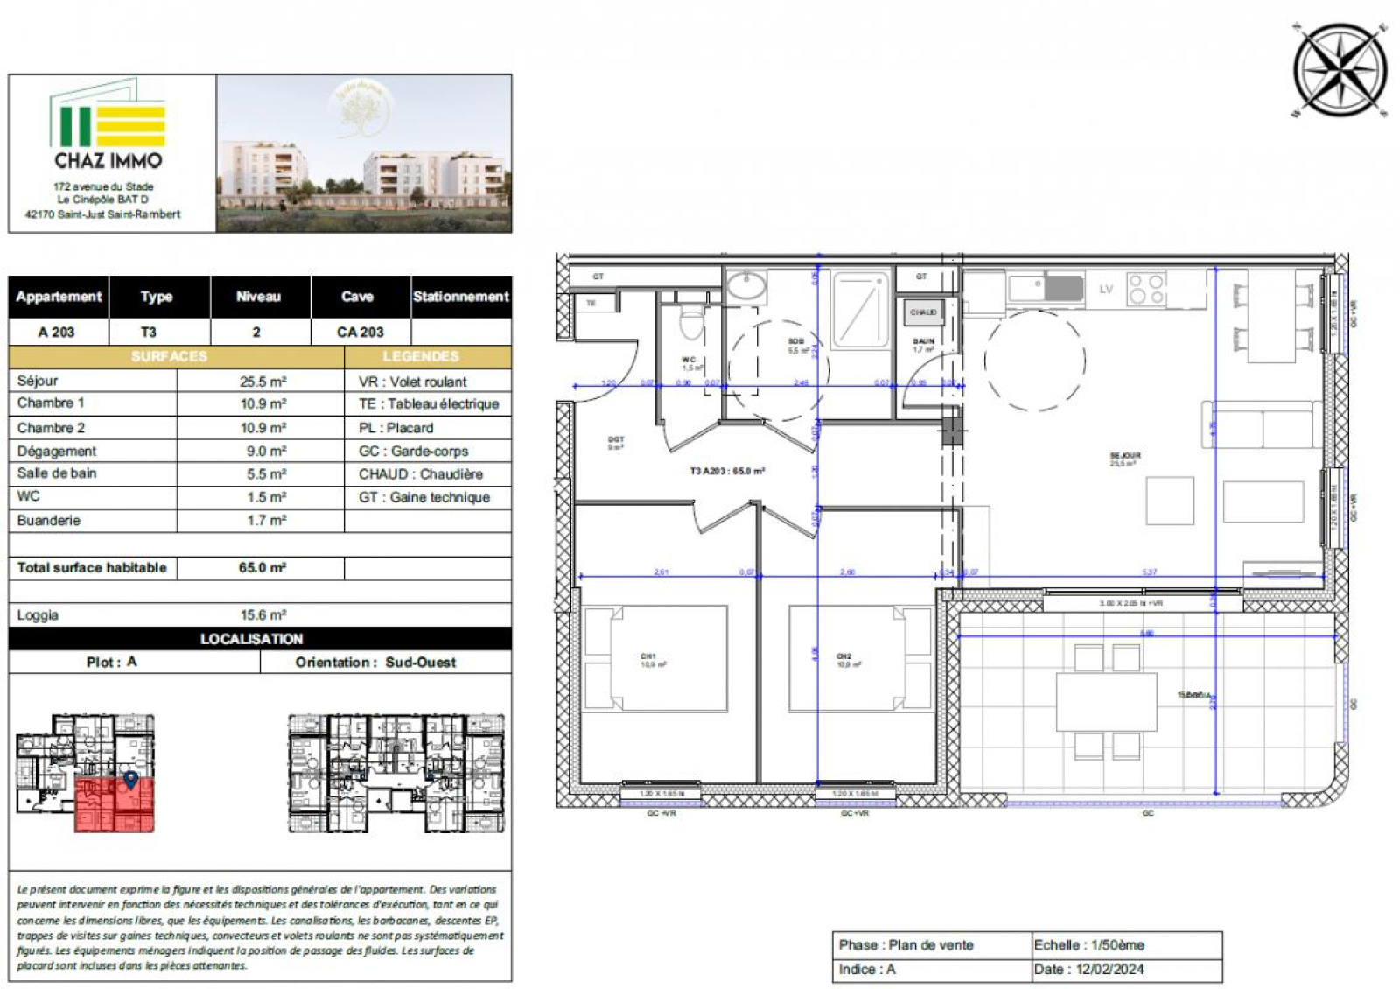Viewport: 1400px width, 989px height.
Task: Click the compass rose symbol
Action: tap(1340, 70)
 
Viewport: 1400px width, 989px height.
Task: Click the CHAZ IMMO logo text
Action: tap(108, 160)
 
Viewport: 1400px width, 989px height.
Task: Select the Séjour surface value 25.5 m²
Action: tap(262, 382)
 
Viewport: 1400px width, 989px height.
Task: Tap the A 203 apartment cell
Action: tap(57, 332)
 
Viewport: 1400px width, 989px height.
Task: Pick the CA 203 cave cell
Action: tap(360, 332)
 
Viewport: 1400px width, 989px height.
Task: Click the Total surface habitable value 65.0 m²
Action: tap(262, 567)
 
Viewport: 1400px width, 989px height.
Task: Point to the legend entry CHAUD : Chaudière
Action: tap(421, 473)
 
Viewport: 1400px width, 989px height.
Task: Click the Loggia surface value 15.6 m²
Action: tap(262, 614)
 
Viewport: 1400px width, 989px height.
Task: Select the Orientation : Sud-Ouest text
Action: tap(375, 662)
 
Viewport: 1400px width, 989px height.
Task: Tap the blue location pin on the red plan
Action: tap(130, 778)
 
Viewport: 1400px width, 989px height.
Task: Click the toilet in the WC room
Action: tap(691, 324)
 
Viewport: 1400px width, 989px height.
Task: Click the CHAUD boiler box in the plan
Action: tap(923, 312)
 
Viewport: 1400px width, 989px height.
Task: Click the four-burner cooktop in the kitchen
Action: tap(1146, 289)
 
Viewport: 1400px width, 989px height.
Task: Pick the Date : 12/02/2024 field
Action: tap(1088, 969)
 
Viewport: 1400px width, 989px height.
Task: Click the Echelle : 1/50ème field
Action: tap(1088, 945)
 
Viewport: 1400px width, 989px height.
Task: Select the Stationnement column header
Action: tap(460, 297)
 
